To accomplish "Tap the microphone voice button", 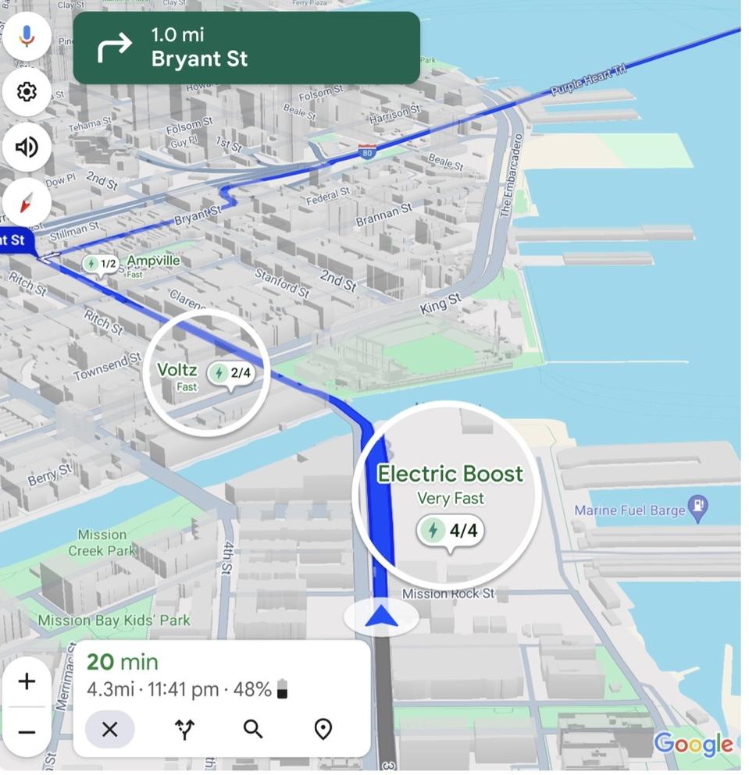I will (27, 36).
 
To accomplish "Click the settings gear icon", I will (27, 92).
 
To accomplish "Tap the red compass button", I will (27, 203).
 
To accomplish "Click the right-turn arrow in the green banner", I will (114, 48).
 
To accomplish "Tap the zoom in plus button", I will (27, 681).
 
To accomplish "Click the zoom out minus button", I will (27, 732).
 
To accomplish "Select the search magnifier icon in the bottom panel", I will (253, 729).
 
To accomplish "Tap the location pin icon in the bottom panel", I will (323, 729).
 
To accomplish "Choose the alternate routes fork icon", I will (185, 729).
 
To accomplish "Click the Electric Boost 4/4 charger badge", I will (450, 531).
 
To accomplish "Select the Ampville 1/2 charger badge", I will (101, 264).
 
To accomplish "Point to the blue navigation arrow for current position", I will (381, 617).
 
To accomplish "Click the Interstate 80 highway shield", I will (367, 151).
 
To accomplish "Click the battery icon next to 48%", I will (283, 689).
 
